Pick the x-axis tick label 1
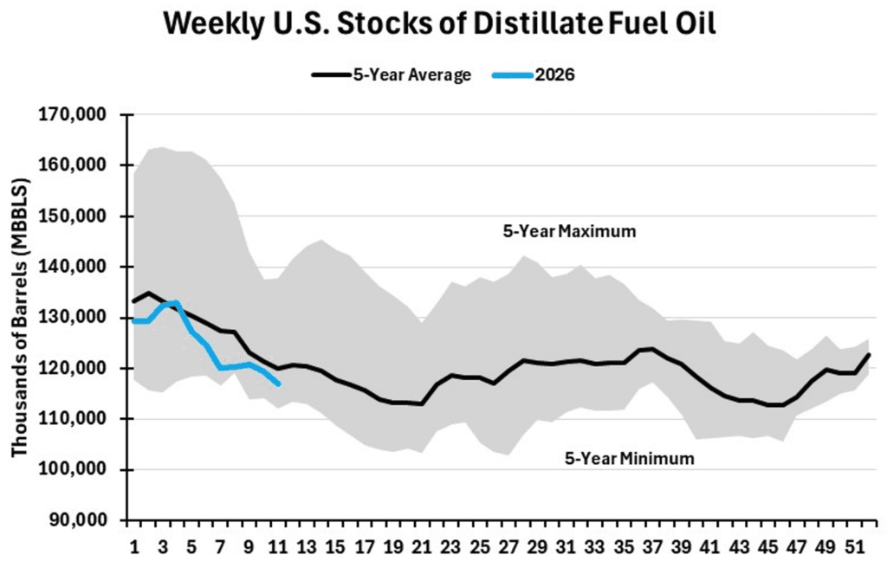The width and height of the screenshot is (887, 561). point(134,547)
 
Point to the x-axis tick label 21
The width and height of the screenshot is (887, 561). point(422,547)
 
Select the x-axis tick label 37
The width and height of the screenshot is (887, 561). point(651,547)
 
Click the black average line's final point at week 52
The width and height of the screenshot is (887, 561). point(868,355)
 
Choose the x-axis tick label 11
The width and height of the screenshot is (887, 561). point(278,547)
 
